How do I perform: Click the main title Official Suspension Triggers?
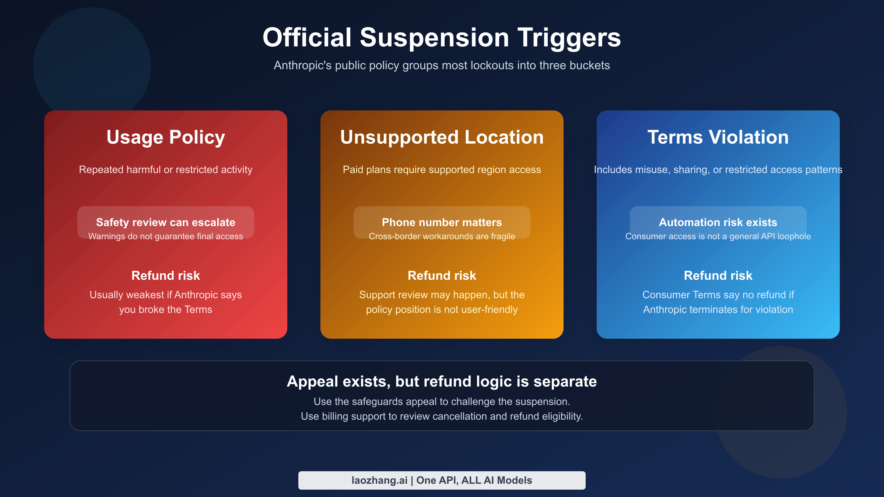tap(442, 38)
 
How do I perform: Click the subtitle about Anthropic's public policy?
tap(442, 66)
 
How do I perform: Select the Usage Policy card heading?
tap(166, 137)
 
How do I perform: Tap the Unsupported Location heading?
tap(442, 137)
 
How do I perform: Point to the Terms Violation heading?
tap(718, 137)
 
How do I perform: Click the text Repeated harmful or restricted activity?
tap(166, 170)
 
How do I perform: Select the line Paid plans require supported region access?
tap(442, 170)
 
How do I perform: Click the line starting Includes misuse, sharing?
tap(718, 170)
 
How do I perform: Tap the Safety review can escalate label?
tap(166, 222)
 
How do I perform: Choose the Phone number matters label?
tap(442, 222)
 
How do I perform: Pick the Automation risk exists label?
tap(718, 222)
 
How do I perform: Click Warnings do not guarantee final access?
tap(166, 236)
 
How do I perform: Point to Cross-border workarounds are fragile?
tap(442, 236)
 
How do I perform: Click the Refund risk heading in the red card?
tap(166, 275)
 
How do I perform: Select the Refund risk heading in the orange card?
tap(442, 275)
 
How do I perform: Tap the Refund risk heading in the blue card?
tap(718, 275)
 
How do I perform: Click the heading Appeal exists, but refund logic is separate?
tap(442, 381)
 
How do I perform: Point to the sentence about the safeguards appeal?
tap(442, 402)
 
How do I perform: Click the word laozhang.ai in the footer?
tap(379, 480)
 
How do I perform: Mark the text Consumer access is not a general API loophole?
tap(718, 236)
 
